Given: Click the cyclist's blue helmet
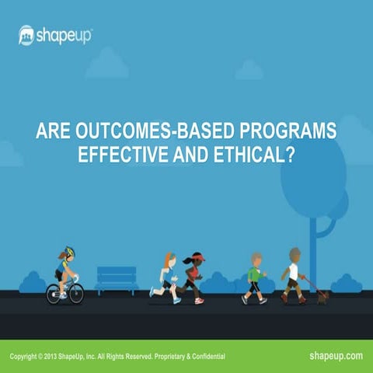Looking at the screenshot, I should (69, 252).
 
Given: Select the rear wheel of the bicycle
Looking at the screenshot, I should (53, 293).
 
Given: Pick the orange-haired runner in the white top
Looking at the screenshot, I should (166, 276).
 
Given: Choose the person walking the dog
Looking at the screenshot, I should (292, 274).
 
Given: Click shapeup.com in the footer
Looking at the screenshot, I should (336, 355).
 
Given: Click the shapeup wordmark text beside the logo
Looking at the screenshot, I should (64, 35).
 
